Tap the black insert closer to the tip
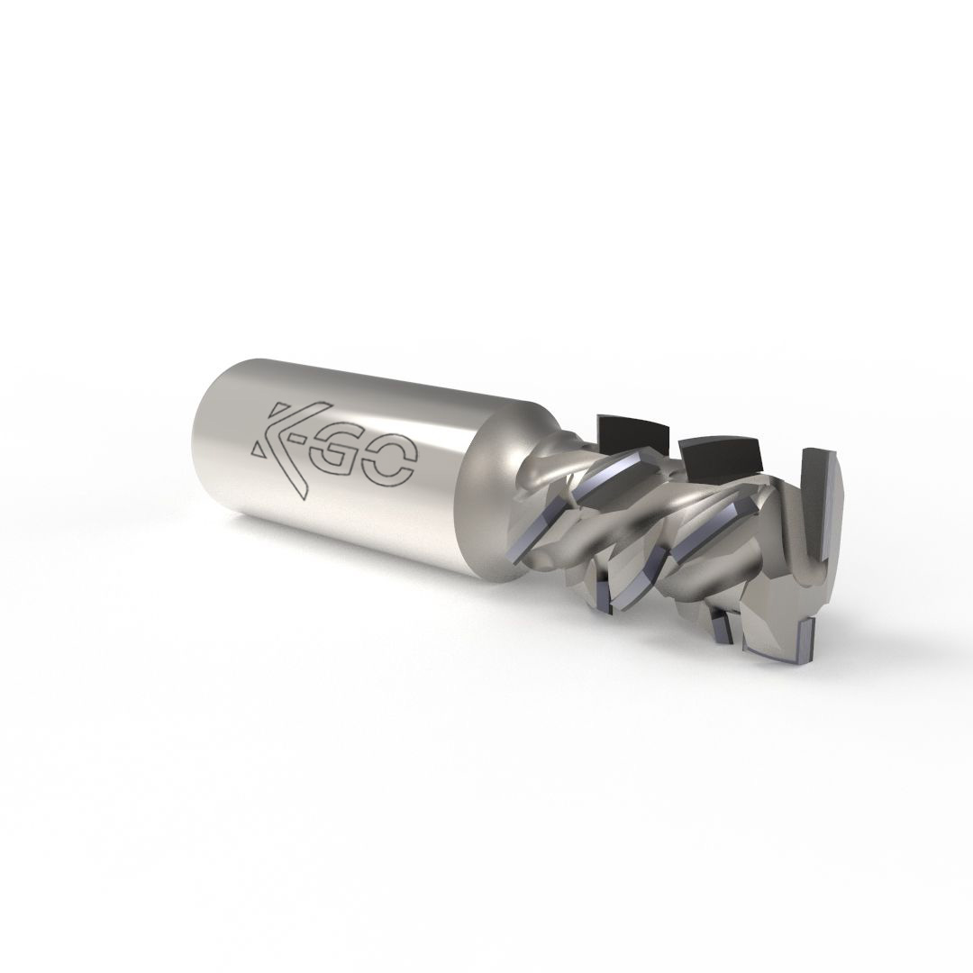click(x=721, y=454)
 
